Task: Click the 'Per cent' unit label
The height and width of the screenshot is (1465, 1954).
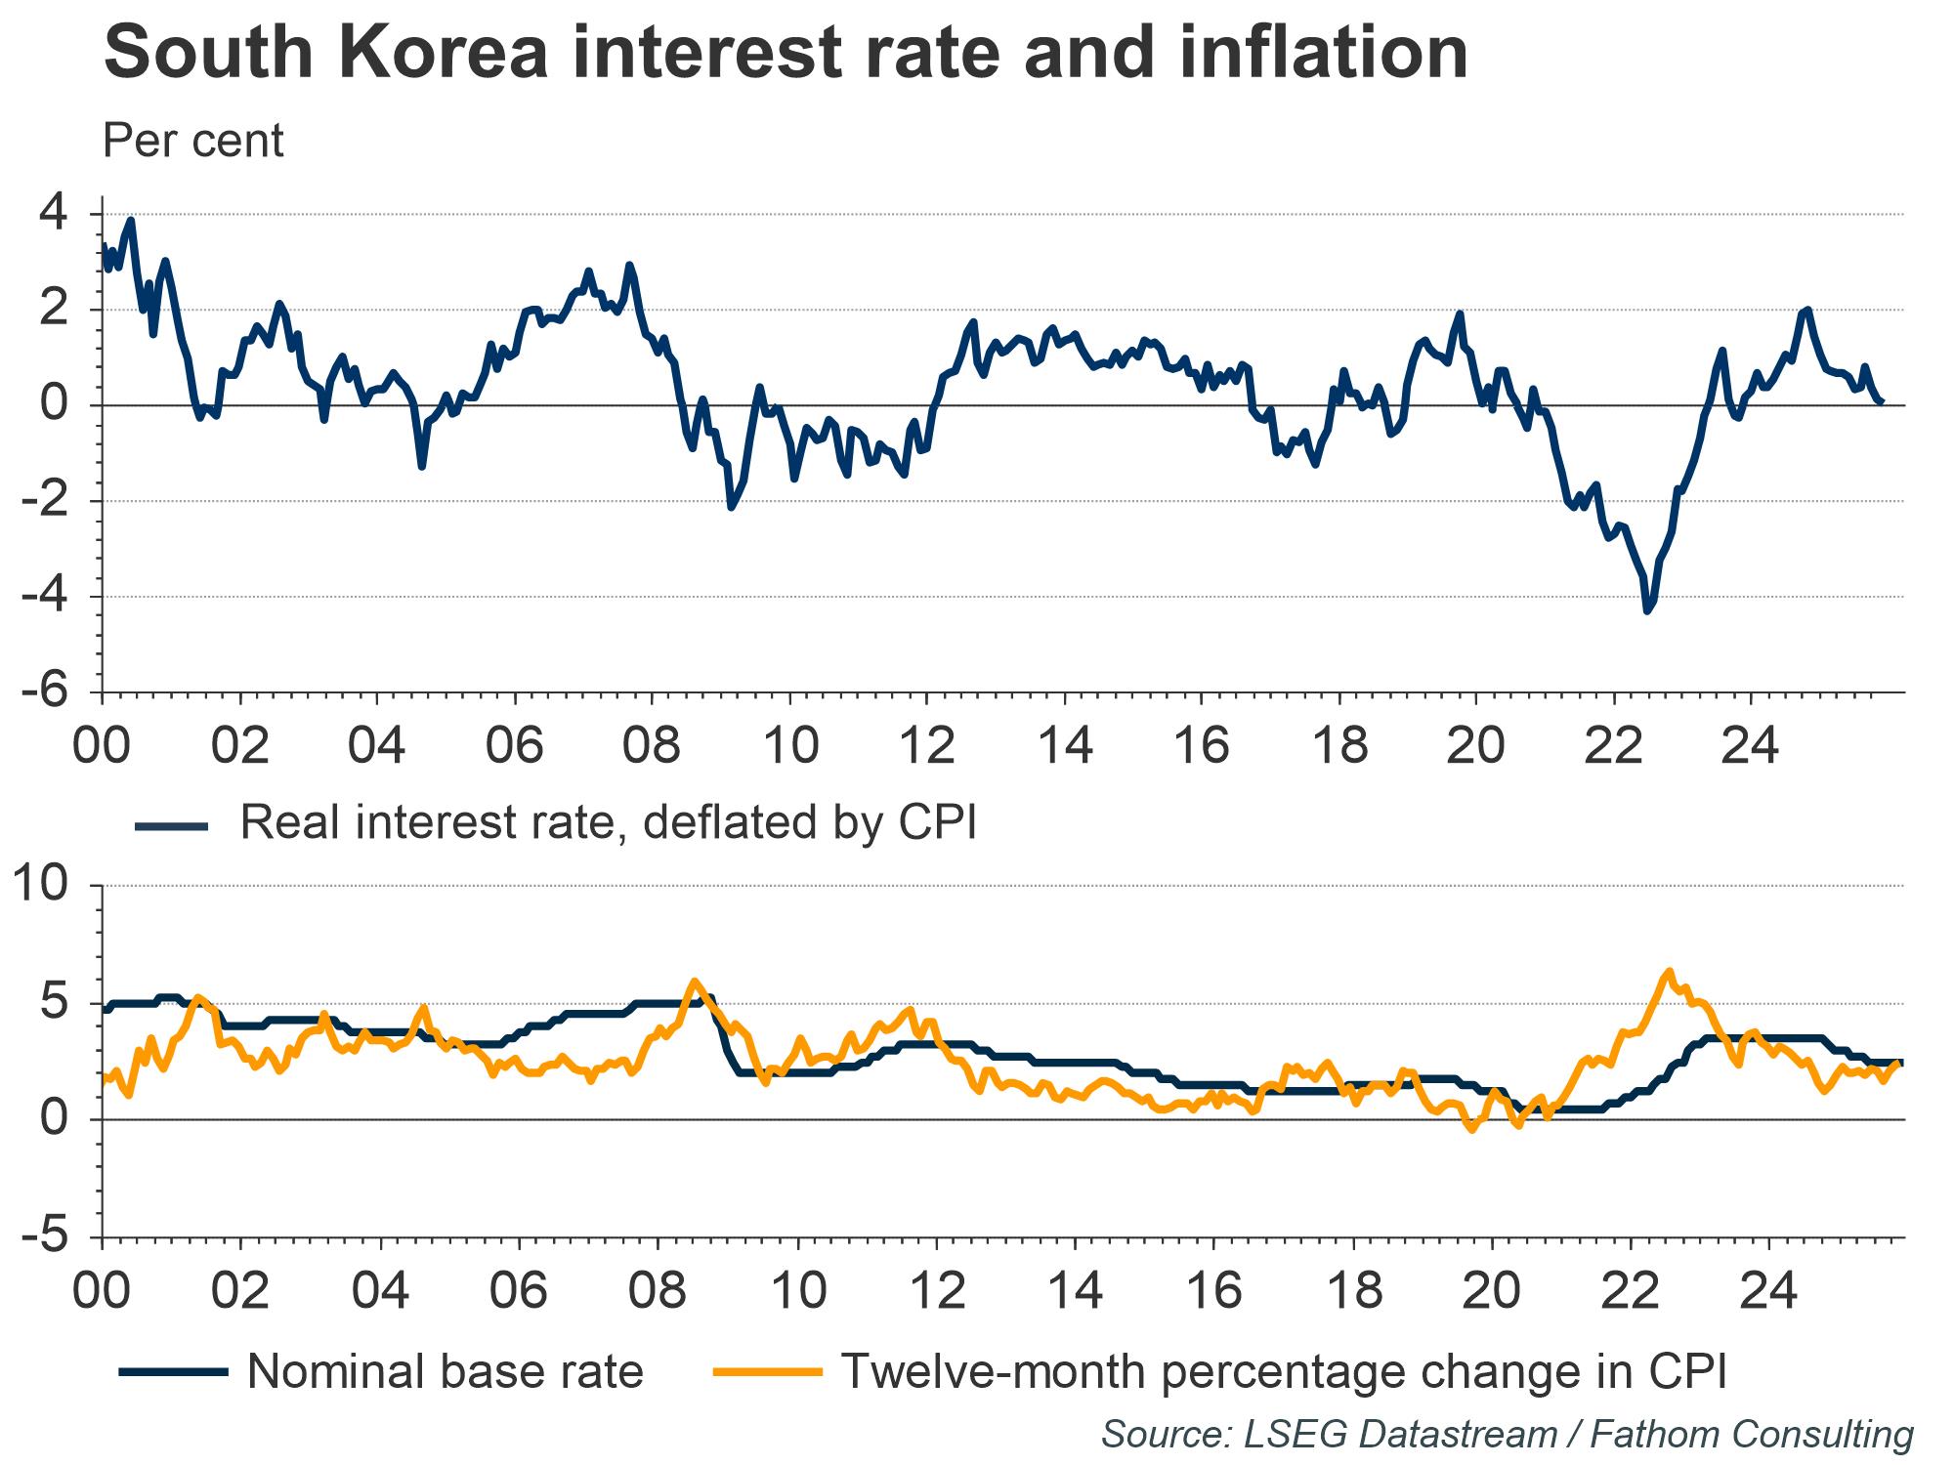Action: click(x=192, y=142)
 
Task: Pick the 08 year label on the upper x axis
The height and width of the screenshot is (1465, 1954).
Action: click(x=652, y=747)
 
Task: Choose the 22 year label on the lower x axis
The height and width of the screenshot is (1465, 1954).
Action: click(x=1630, y=1292)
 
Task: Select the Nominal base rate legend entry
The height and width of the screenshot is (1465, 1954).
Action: click(x=446, y=1371)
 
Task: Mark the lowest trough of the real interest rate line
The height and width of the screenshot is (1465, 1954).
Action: click(x=1647, y=611)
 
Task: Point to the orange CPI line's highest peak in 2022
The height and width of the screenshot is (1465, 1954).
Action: click(x=1669, y=971)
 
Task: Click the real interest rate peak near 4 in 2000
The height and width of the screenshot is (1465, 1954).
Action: click(x=131, y=220)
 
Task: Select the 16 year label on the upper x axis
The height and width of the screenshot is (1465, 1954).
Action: click(x=1202, y=747)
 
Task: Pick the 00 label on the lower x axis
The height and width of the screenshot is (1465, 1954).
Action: click(x=102, y=1292)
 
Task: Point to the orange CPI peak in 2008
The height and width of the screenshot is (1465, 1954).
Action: click(x=695, y=981)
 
